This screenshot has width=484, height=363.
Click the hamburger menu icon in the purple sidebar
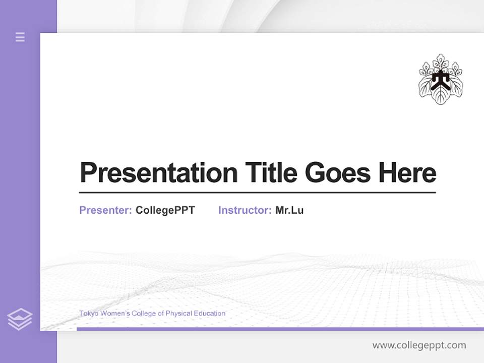pyautogui.click(x=20, y=37)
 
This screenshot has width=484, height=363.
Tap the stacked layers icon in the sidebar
pyautogui.click(x=20, y=319)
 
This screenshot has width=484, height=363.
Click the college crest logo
pyautogui.click(x=441, y=79)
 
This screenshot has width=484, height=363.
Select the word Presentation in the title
pyautogui.click(x=158, y=172)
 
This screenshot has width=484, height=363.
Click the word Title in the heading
pyautogui.click(x=271, y=172)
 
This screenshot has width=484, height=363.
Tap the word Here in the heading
pyautogui.click(x=407, y=172)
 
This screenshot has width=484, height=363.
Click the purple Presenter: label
pyautogui.click(x=105, y=210)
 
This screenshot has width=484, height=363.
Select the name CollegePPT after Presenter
pyautogui.click(x=165, y=210)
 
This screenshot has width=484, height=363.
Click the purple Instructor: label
pyautogui.click(x=245, y=210)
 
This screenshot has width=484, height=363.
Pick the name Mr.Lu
pyautogui.click(x=289, y=210)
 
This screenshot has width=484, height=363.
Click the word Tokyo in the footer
pyautogui.click(x=89, y=314)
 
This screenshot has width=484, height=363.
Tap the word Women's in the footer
pyautogui.click(x=116, y=314)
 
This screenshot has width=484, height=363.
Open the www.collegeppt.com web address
pyautogui.click(x=419, y=345)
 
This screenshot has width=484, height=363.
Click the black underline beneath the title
pyautogui.click(x=257, y=193)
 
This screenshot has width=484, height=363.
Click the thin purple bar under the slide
pyautogui.click(x=280, y=329)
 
